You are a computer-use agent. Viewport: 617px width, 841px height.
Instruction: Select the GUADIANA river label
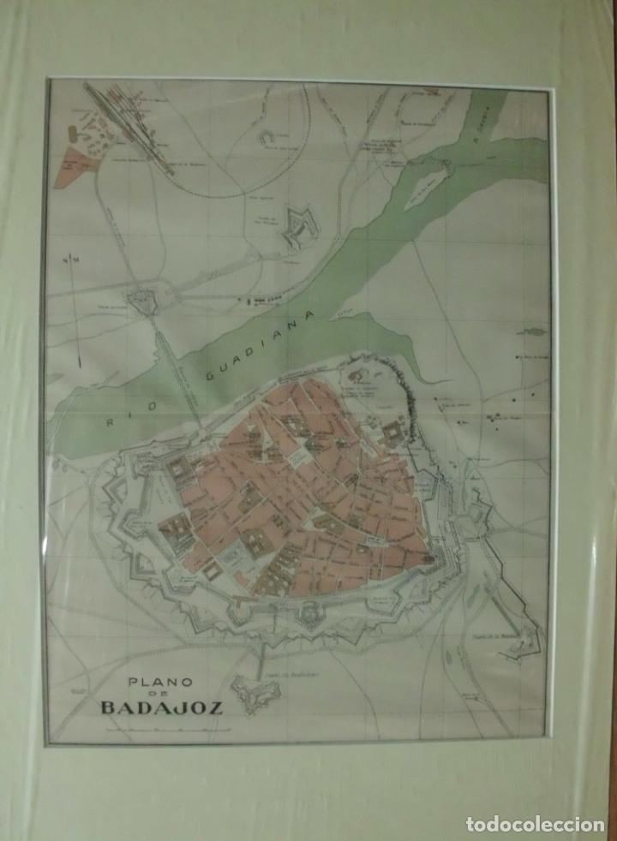(265, 343)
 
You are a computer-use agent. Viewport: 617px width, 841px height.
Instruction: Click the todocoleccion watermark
(535, 823)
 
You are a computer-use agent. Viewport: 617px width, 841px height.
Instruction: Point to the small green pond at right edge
(531, 331)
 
